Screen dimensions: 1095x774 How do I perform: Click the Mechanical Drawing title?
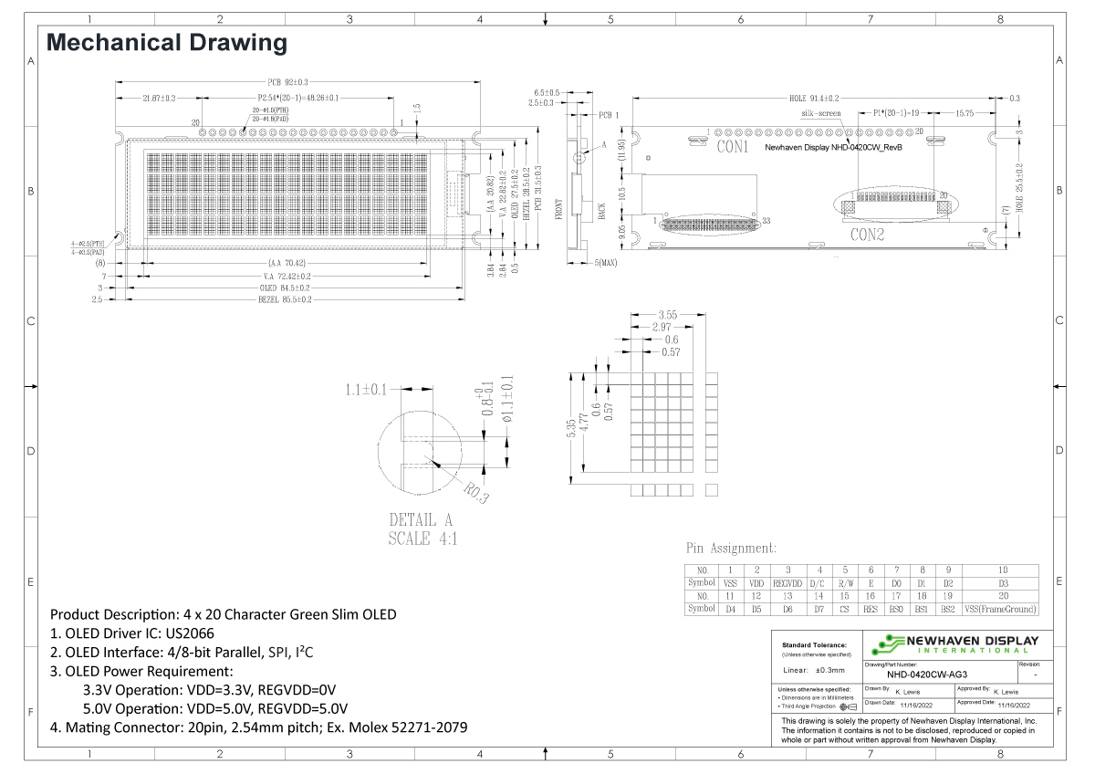click(x=166, y=42)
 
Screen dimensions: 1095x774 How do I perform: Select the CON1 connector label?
click(x=732, y=146)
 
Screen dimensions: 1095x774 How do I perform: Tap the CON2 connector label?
click(x=868, y=235)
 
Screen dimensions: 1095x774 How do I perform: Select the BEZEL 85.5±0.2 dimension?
click(x=286, y=299)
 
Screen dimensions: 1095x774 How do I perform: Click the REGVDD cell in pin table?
click(x=787, y=582)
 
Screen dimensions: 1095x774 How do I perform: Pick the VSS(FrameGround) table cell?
click(x=1004, y=608)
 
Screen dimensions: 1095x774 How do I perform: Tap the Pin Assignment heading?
click(x=731, y=549)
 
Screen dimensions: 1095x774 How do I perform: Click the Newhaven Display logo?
click(x=955, y=643)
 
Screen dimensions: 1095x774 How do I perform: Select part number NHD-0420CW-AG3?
click(x=921, y=675)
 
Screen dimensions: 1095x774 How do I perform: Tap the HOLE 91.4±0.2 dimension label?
click(x=813, y=98)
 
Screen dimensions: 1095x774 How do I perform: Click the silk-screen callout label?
click(x=820, y=114)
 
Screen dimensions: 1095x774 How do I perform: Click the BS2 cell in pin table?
click(x=948, y=608)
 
